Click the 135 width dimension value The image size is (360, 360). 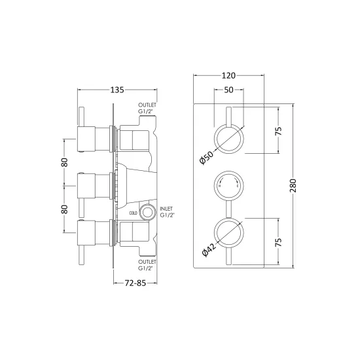click(x=117, y=90)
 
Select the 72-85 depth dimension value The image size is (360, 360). click(x=135, y=283)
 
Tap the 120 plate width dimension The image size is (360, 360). click(x=228, y=75)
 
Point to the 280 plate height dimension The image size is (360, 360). click(x=293, y=185)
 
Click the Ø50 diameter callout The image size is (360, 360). click(x=206, y=158)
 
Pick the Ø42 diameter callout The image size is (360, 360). click(x=209, y=250)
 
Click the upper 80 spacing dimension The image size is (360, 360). click(x=65, y=162)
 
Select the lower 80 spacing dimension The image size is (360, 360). click(x=65, y=209)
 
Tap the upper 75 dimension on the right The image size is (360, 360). click(x=278, y=131)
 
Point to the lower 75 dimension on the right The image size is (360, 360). click(x=278, y=242)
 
